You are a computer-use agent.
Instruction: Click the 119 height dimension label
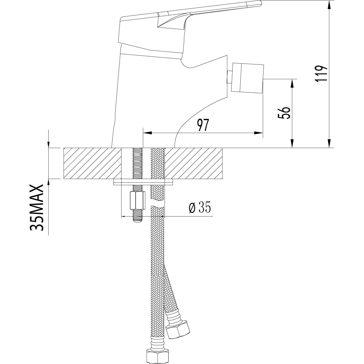321,74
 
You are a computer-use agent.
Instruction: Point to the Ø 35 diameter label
200,208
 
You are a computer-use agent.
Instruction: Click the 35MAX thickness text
37,208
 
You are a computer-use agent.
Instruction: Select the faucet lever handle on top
190,13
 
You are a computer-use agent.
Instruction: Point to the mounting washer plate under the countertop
143,183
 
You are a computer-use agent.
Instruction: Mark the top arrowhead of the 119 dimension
329,5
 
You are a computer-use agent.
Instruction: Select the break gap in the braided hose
158,204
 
